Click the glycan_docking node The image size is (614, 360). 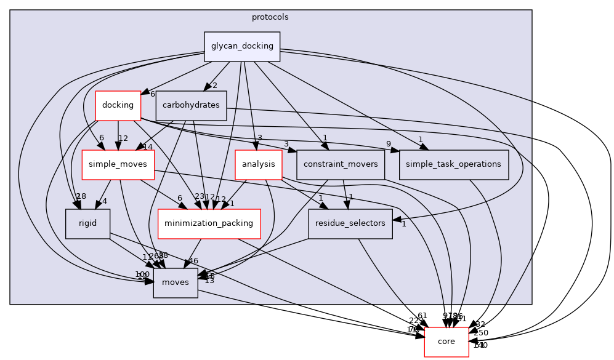point(242,47)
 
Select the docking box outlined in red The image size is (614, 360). point(118,105)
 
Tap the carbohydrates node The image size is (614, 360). point(191,105)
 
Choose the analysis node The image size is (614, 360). point(258,164)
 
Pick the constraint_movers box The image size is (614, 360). point(341,164)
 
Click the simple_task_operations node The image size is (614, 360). point(454,164)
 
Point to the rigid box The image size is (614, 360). point(87,223)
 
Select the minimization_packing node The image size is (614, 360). point(209,223)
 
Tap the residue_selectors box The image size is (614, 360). point(350,223)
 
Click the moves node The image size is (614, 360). point(176,282)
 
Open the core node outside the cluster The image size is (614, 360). point(446,342)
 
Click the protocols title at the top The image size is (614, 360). point(270,17)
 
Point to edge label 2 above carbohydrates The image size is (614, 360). point(215,85)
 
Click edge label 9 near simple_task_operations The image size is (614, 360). point(389,145)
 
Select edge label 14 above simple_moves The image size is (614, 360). point(147,146)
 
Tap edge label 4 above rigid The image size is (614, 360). point(105,201)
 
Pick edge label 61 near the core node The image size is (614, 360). point(422,316)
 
